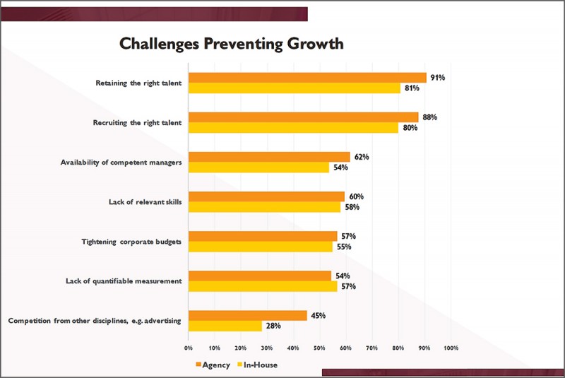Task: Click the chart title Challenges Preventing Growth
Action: point(231,44)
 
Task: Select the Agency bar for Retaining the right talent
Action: point(307,78)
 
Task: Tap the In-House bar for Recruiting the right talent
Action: point(293,128)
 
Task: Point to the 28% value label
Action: point(272,326)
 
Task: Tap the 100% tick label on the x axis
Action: point(451,348)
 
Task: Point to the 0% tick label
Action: point(189,348)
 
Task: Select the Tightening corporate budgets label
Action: point(132,242)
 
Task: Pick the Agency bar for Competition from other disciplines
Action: point(247,316)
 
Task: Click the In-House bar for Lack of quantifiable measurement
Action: point(263,287)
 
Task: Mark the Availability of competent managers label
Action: point(122,163)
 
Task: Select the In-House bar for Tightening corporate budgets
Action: point(260,247)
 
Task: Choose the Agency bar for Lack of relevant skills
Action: point(266,196)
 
